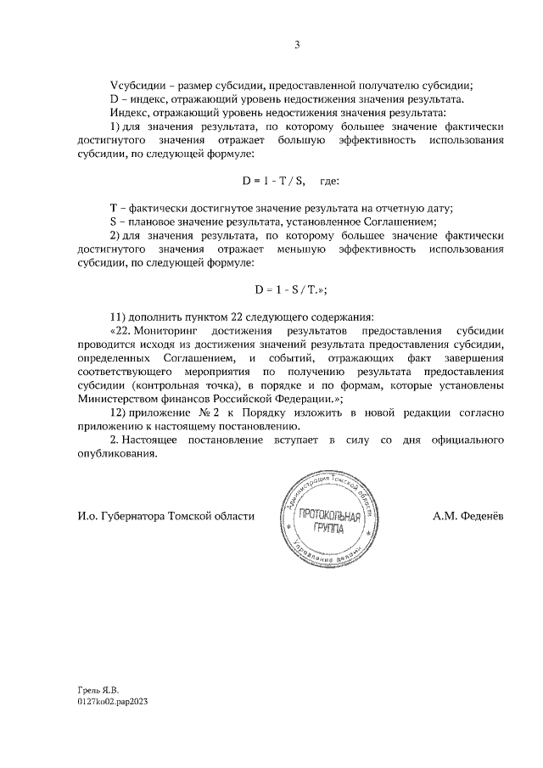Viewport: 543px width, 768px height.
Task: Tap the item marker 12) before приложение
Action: tap(118, 412)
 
